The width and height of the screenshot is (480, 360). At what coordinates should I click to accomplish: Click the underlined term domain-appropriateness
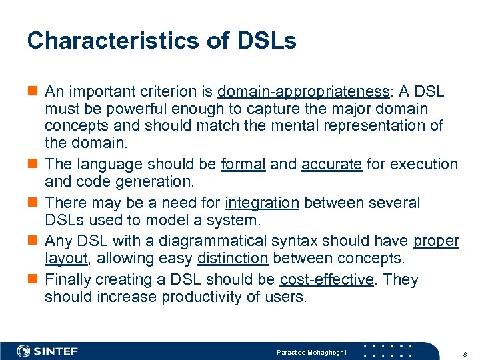[303, 91]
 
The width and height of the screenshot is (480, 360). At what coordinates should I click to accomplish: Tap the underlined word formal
[243, 164]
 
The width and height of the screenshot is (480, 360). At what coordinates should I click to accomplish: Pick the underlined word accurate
[331, 164]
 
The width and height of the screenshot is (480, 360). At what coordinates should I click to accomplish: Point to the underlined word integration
[262, 203]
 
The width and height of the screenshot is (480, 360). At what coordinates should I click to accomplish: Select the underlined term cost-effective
[327, 279]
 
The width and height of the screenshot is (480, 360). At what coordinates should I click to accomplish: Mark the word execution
[428, 164]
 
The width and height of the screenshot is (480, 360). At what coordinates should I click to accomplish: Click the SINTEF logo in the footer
[47, 351]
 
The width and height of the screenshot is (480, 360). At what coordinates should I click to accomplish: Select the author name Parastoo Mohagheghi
[312, 351]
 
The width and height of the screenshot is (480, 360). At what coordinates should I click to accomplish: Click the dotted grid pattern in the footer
[391, 351]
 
